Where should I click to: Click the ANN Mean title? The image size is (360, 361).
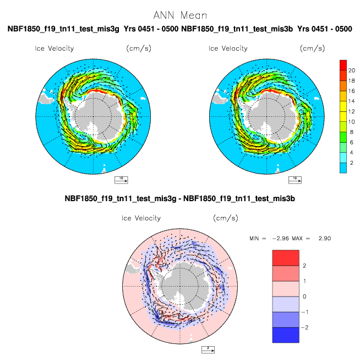(x=180, y=15)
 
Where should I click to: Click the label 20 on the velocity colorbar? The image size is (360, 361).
(x=352, y=71)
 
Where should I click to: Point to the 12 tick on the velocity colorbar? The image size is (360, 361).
(x=352, y=111)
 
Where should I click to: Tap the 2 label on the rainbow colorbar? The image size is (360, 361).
(x=352, y=163)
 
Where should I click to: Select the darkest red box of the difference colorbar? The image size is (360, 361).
(x=286, y=258)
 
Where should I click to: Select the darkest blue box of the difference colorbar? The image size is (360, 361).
(x=286, y=335)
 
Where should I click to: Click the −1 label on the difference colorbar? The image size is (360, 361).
(x=304, y=312)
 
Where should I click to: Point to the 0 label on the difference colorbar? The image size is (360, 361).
(x=304, y=297)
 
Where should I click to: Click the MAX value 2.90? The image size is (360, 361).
(x=325, y=238)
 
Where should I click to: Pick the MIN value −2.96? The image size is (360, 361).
(x=281, y=238)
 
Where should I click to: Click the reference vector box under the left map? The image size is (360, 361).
(x=121, y=180)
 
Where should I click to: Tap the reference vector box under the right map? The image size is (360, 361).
(x=295, y=180)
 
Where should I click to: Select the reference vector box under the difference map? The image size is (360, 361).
(x=208, y=349)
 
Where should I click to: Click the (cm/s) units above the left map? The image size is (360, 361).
(x=139, y=49)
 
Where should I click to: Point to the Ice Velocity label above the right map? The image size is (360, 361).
(x=228, y=49)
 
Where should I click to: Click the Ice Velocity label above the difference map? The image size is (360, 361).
(x=141, y=218)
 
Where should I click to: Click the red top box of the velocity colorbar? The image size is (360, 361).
(x=343, y=65)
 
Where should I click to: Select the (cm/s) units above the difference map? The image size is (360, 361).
(x=226, y=218)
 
